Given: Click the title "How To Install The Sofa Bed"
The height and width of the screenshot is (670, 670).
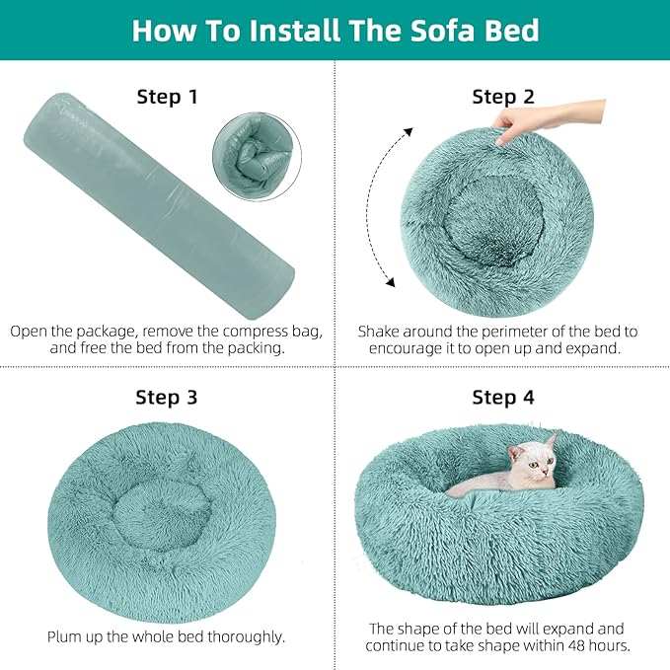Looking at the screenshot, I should pyautogui.click(x=335, y=30).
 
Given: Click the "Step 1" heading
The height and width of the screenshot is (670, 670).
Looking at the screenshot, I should pyautogui.click(x=166, y=97).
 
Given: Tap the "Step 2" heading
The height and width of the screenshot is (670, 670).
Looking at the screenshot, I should pyautogui.click(x=502, y=97).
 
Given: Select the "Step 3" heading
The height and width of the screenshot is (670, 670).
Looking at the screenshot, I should pyautogui.click(x=166, y=398).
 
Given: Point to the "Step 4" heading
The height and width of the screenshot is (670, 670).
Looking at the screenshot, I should pyautogui.click(x=502, y=398).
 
